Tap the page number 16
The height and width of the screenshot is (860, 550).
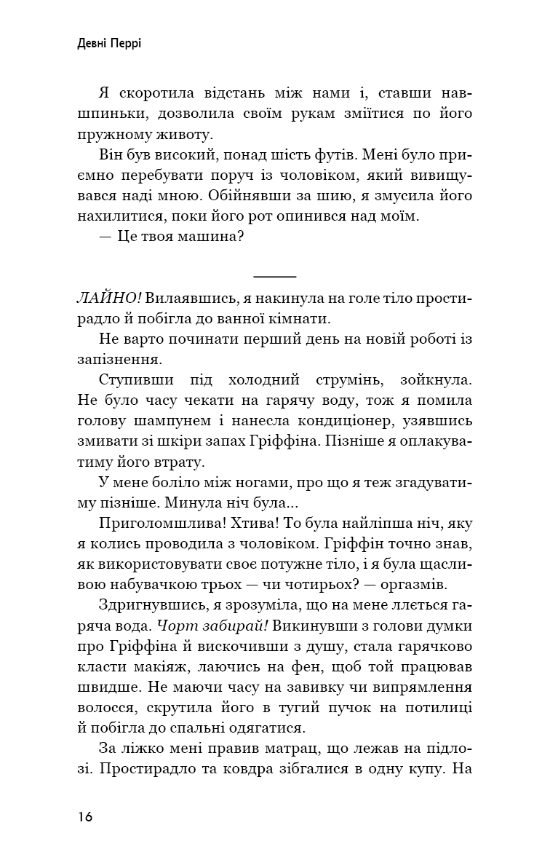coord(84,816)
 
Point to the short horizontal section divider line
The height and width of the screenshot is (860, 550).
coord(275,277)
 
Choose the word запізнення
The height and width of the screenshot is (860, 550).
coord(118,360)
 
